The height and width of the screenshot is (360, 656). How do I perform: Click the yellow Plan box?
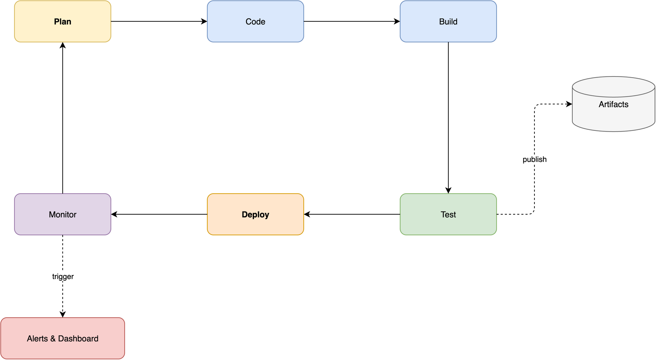[x=62, y=21]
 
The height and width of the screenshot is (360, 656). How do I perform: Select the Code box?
[x=255, y=21]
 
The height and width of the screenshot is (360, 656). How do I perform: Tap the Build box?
[x=448, y=21]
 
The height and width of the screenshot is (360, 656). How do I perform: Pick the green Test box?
[x=448, y=214]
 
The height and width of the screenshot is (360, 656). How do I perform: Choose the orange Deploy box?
[x=255, y=214]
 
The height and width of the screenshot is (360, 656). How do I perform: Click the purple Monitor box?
[x=62, y=214]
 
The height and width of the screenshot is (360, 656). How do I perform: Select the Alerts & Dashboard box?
[x=62, y=338]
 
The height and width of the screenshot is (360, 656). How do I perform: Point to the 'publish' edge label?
[x=534, y=160]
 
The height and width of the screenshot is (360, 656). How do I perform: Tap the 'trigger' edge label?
[x=63, y=277]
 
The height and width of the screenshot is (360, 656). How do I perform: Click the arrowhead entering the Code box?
[x=204, y=21]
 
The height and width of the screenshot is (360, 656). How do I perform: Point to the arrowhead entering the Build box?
[x=397, y=21]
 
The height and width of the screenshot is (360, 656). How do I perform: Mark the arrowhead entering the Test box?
[x=448, y=191]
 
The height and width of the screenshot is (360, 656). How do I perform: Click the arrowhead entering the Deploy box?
[x=307, y=214]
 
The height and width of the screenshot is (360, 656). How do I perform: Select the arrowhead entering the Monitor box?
[x=114, y=214]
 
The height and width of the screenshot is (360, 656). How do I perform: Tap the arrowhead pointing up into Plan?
[x=62, y=45]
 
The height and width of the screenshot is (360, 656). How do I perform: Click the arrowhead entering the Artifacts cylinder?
[x=569, y=104]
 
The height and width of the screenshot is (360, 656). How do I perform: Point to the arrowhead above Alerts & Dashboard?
[x=62, y=314]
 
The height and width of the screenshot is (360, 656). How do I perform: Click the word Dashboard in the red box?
[x=78, y=339]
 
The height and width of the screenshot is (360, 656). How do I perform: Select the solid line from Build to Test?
[x=448, y=117]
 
